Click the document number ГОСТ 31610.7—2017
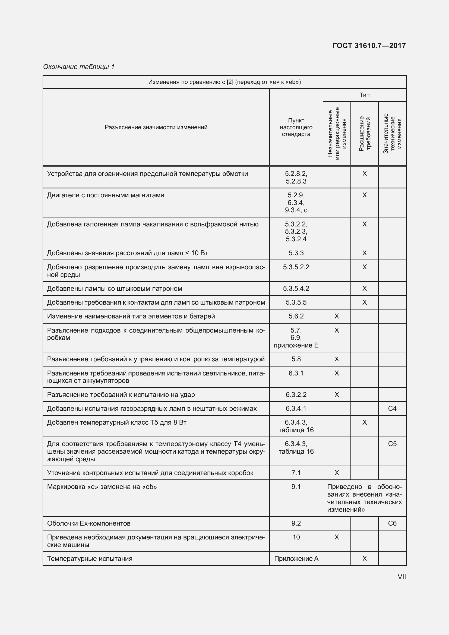pyautogui.click(x=369, y=46)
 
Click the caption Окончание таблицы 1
pyautogui.click(x=79, y=67)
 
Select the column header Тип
pyautogui.click(x=364, y=95)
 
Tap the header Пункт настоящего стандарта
pyautogui.click(x=296, y=127)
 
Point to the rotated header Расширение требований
pyautogui.click(x=364, y=134)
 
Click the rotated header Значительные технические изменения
pyautogui.click(x=392, y=134)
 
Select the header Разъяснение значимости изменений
pyautogui.click(x=156, y=127)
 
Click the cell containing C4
pyautogui.click(x=392, y=408)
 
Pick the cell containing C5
pyautogui.click(x=392, y=444)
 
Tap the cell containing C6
pyautogui.click(x=392, y=523)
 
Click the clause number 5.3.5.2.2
pyautogui.click(x=296, y=267)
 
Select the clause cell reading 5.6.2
pyautogui.click(x=296, y=316)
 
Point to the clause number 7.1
pyautogui.click(x=296, y=473)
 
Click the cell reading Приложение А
pyautogui.click(x=296, y=559)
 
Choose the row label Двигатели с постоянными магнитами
pyautogui.click(x=106, y=195)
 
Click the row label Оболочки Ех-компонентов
pyautogui.click(x=88, y=523)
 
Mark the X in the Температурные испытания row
pyautogui.click(x=364, y=559)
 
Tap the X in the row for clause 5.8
pyautogui.click(x=336, y=359)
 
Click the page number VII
pyautogui.click(x=401, y=577)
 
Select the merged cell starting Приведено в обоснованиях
pyautogui.click(x=364, y=498)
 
